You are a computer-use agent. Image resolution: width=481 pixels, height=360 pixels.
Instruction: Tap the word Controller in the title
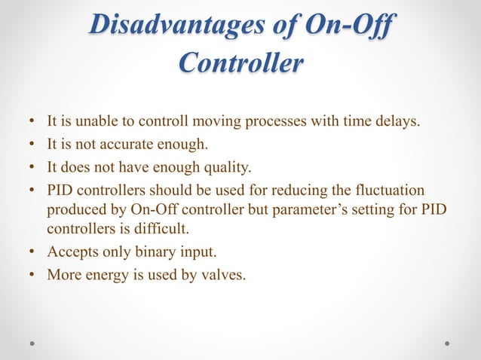pyautogui.click(x=241, y=63)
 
